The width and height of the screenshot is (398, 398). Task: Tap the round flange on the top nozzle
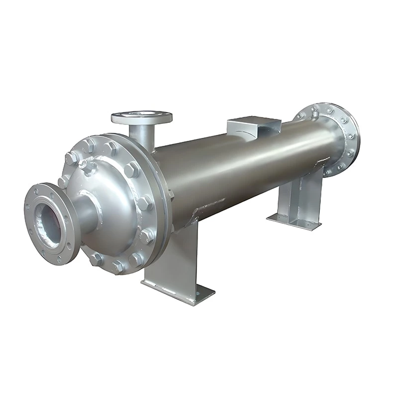[141, 117]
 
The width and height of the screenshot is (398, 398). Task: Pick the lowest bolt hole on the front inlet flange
[58, 258]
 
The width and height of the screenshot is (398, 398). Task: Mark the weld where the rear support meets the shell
[318, 164]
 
